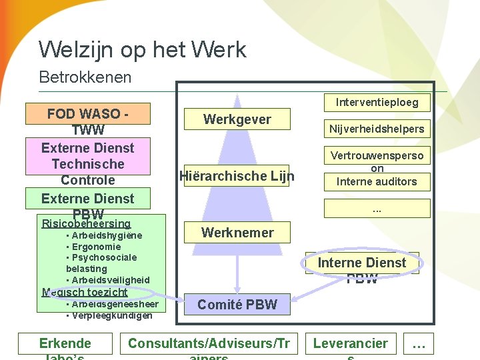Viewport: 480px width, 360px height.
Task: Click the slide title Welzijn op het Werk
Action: (142, 49)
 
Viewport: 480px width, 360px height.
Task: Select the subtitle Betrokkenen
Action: (85, 77)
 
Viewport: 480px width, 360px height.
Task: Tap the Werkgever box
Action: (237, 119)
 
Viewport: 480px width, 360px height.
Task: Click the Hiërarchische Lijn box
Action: (237, 176)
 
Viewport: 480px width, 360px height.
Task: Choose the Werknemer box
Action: (237, 233)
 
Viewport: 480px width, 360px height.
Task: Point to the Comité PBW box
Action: (237, 305)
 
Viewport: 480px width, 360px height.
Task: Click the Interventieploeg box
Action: (377, 103)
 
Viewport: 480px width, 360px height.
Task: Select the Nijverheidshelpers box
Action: (377, 129)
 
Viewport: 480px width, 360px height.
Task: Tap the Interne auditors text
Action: (377, 181)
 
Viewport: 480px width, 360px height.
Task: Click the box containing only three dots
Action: (377, 209)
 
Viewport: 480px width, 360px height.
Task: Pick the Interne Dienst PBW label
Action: (362, 263)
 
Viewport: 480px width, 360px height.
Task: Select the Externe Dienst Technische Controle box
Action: (88, 163)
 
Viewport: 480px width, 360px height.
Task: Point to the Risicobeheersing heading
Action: (86, 223)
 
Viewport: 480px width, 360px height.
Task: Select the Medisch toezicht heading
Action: (85, 292)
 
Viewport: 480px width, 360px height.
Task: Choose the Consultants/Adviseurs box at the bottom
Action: (209, 344)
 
